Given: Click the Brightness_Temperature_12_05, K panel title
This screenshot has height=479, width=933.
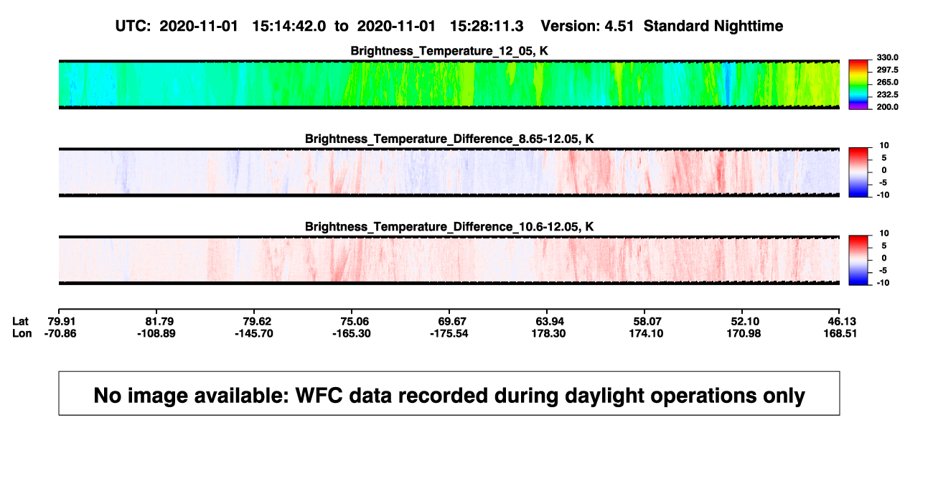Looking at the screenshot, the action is pyautogui.click(x=449, y=51).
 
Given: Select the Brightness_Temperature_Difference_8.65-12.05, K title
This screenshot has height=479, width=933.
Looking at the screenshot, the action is pyautogui.click(x=449, y=139).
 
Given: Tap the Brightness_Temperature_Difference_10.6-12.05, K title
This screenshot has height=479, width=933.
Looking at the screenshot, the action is pyautogui.click(x=449, y=227).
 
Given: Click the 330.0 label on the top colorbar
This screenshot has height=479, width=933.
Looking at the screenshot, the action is pyautogui.click(x=887, y=57).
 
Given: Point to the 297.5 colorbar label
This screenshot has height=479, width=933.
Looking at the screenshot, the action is pyautogui.click(x=887, y=70).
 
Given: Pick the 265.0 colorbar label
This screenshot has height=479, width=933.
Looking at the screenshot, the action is pyautogui.click(x=887, y=82).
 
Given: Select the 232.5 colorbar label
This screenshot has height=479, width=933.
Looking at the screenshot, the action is pyautogui.click(x=887, y=95).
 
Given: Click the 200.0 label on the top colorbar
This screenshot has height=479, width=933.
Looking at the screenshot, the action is pyautogui.click(x=887, y=107).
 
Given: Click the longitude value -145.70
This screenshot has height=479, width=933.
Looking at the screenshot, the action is pyautogui.click(x=254, y=333).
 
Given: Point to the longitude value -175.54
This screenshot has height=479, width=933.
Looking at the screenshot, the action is pyautogui.click(x=449, y=333).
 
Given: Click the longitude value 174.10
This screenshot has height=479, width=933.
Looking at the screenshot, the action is pyautogui.click(x=646, y=333).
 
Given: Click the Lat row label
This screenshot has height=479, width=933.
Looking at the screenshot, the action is pyautogui.click(x=20, y=322).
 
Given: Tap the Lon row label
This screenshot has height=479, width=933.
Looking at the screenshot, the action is pyautogui.click(x=22, y=333).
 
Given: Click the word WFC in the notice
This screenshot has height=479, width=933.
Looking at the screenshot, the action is pyautogui.click(x=319, y=395).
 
